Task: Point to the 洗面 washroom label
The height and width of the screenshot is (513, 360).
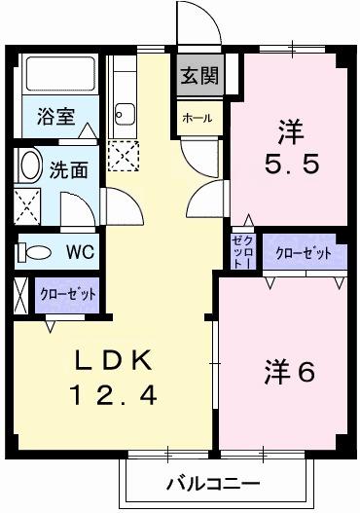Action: (x=68, y=168)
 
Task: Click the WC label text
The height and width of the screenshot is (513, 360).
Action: (x=79, y=252)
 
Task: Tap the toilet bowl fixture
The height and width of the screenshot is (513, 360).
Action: (x=36, y=252)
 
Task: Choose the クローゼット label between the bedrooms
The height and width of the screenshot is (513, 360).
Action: (x=304, y=253)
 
